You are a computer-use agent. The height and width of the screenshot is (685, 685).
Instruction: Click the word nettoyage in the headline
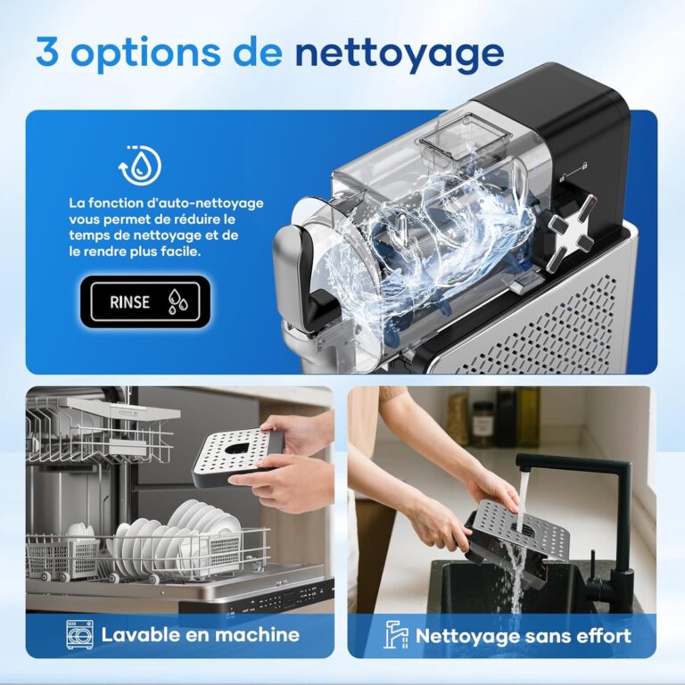400,54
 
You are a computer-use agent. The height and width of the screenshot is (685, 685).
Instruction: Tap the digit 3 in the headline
47,51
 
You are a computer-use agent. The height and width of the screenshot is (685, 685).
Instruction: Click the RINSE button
145,301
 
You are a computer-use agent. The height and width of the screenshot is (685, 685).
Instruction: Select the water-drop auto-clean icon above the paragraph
140,165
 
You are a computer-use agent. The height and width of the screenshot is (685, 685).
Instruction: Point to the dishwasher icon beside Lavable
80,634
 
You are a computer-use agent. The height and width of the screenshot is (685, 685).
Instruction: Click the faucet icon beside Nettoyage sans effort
395,634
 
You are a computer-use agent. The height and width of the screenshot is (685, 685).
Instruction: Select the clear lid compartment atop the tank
465,136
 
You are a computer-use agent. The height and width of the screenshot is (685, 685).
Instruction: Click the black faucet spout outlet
524,468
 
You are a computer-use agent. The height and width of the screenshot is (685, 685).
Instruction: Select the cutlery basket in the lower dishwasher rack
63,557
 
